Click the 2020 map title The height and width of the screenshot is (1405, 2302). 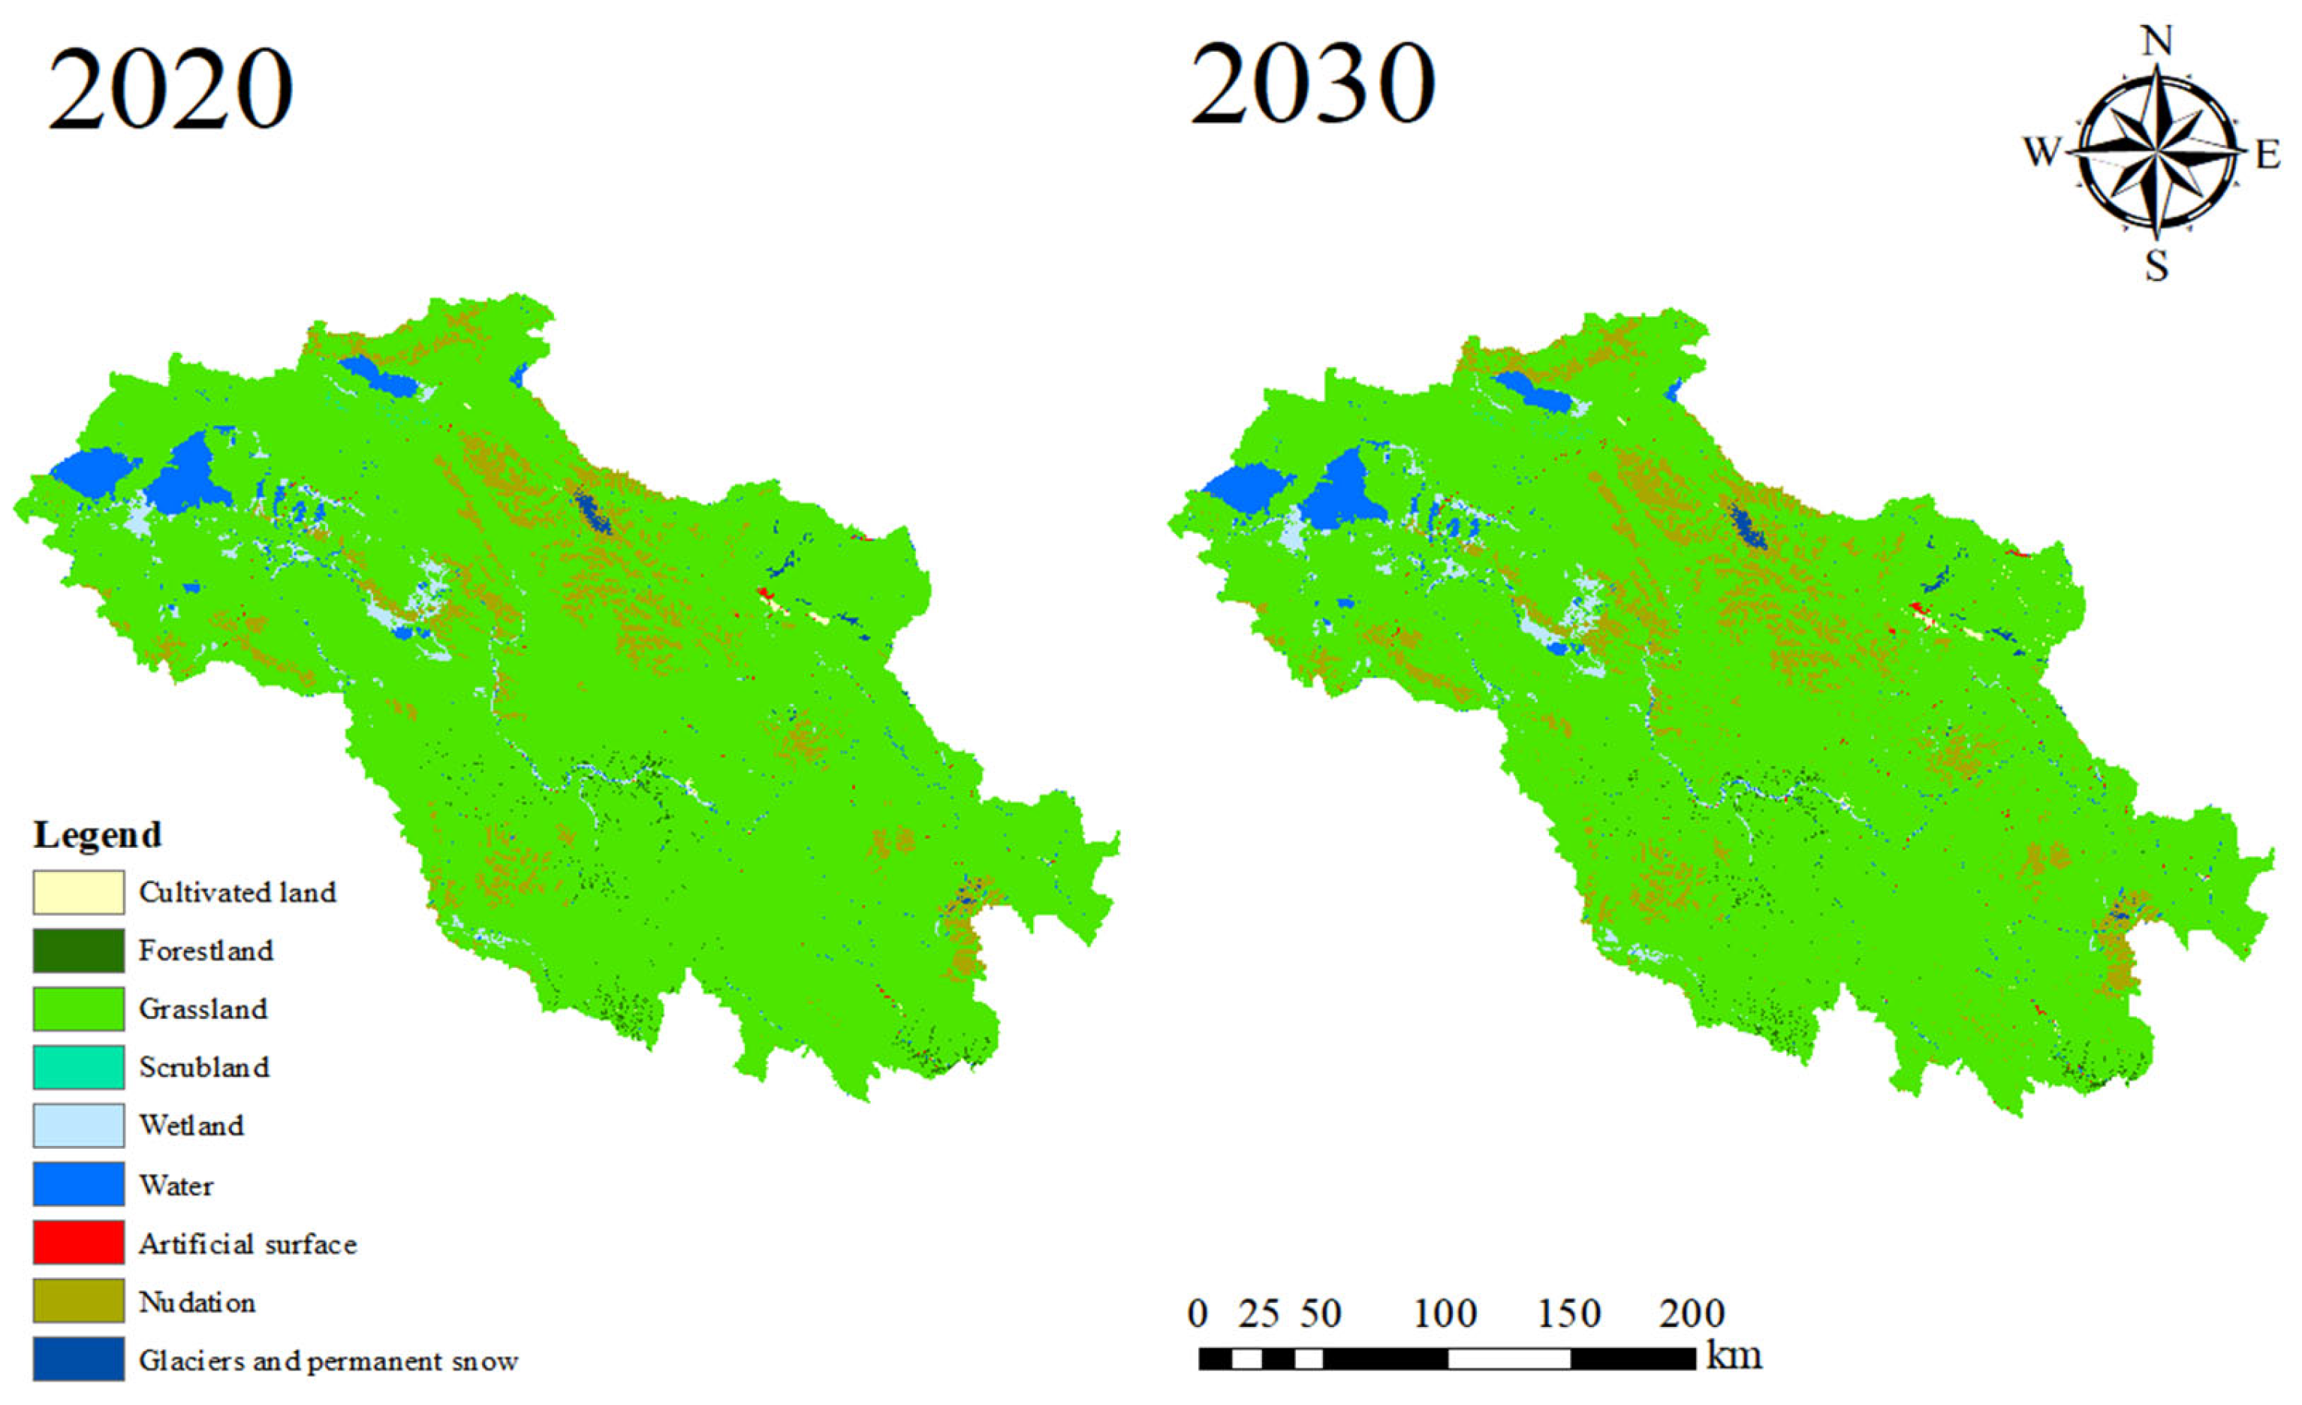pyautogui.click(x=171, y=91)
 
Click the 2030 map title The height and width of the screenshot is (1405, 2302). pyautogui.click(x=1312, y=86)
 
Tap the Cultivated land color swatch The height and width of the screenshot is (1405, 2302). pyautogui.click(x=79, y=892)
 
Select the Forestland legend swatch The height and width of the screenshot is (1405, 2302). pyautogui.click(x=79, y=950)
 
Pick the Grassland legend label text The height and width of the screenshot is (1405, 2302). pyautogui.click(x=203, y=1009)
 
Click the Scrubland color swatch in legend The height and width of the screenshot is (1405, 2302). pyautogui.click(x=79, y=1067)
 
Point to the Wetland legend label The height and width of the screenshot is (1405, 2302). pyautogui.click(x=191, y=1125)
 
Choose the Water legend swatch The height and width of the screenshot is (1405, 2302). pyautogui.click(x=79, y=1183)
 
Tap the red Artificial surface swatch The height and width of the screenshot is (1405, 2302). pyautogui.click(x=79, y=1243)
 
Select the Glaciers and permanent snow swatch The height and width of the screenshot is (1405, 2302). pyautogui.click(x=79, y=1359)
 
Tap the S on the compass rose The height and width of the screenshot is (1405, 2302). pyautogui.click(x=2156, y=267)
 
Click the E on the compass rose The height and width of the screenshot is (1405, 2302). pyautogui.click(x=2267, y=154)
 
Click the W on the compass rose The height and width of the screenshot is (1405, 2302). pyautogui.click(x=2042, y=150)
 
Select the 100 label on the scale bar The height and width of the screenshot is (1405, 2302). pyautogui.click(x=1445, y=1314)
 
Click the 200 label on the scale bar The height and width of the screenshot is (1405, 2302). pyautogui.click(x=1691, y=1314)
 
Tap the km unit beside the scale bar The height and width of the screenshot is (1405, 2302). pyautogui.click(x=1734, y=1355)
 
